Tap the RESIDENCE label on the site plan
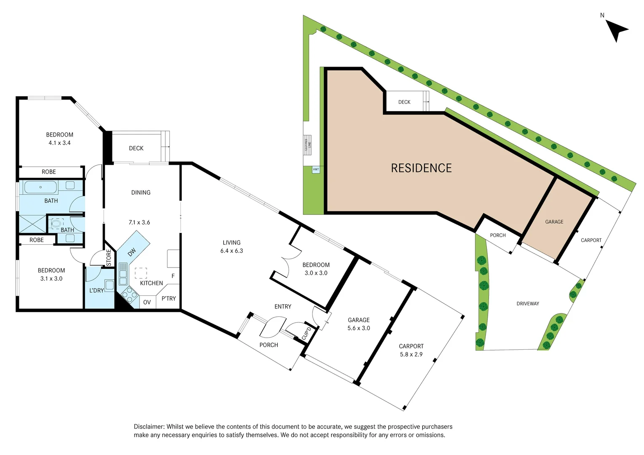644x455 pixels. (x=421, y=168)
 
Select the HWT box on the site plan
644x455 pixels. (x=316, y=169)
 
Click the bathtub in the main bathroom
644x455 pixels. (x=40, y=187)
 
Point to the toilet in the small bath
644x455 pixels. (x=56, y=223)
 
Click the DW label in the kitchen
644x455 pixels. (x=132, y=252)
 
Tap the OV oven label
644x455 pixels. (x=147, y=302)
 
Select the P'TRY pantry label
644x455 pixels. (x=168, y=298)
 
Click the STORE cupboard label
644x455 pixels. (x=109, y=258)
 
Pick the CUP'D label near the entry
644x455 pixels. (x=307, y=333)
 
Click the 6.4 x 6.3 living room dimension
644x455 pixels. (x=232, y=251)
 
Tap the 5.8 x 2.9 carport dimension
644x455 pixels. (x=411, y=354)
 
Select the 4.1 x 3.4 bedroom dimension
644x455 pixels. (x=59, y=143)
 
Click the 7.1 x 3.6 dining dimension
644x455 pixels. (x=139, y=222)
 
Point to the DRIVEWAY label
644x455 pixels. (x=528, y=303)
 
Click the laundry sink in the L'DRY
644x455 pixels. (x=109, y=285)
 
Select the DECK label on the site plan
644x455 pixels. (x=404, y=102)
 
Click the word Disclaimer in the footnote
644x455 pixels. (x=149, y=427)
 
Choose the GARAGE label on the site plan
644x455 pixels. (x=554, y=222)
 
